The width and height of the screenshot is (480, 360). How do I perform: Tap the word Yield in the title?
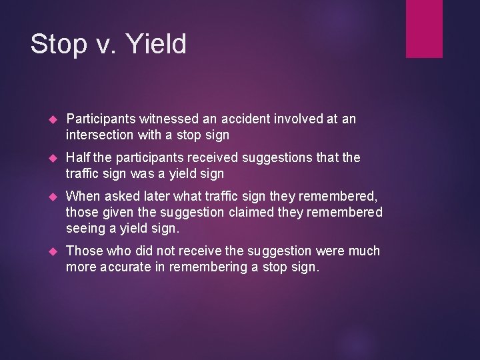click(157, 44)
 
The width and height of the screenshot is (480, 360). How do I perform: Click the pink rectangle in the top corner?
click(425, 29)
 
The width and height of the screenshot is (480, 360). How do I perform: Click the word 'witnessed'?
click(169, 119)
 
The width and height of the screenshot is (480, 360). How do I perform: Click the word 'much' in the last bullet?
click(363, 251)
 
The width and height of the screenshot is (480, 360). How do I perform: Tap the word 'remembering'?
click(207, 268)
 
